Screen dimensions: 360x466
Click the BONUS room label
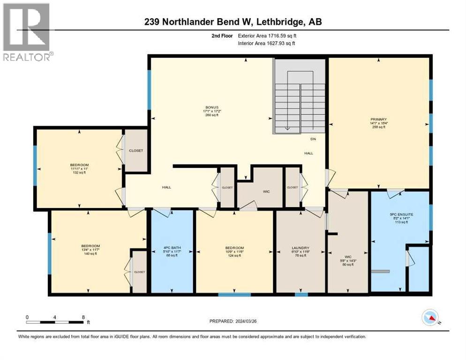point(212,107)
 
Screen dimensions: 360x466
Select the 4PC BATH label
point(172,248)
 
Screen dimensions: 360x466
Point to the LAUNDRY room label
point(300,248)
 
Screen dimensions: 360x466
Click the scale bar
point(55,322)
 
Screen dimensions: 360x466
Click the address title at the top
point(233,22)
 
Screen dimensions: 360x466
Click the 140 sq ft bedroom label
point(90,250)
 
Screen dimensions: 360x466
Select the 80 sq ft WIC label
point(348,260)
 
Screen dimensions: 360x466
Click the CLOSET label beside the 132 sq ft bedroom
point(136,150)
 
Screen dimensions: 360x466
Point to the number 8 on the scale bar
point(83,317)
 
